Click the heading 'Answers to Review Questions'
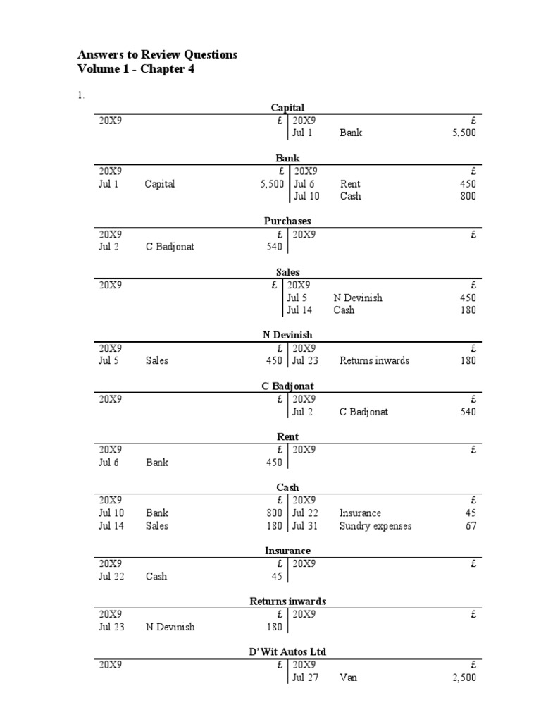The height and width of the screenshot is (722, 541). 157,54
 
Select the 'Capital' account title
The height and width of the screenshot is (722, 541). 287,107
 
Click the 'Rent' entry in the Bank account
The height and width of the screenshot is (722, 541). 350,184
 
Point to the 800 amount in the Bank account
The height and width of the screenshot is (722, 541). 468,196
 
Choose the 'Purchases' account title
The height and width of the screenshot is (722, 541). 287,221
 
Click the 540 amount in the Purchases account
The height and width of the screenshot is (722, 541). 274,247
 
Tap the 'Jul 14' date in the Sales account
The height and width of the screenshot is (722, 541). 299,310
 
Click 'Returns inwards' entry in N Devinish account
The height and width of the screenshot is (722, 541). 374,360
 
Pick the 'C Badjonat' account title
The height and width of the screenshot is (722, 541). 287,386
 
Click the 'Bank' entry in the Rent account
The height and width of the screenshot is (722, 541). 157,463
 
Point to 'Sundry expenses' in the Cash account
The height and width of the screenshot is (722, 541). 375,526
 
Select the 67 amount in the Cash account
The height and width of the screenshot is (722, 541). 471,526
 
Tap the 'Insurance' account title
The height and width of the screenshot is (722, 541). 287,551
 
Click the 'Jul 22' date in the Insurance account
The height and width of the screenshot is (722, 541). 111,576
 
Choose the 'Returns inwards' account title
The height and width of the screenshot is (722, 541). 287,601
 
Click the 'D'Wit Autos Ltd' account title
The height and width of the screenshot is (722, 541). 287,651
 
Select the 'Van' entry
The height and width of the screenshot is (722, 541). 349,678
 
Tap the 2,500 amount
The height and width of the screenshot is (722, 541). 464,678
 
